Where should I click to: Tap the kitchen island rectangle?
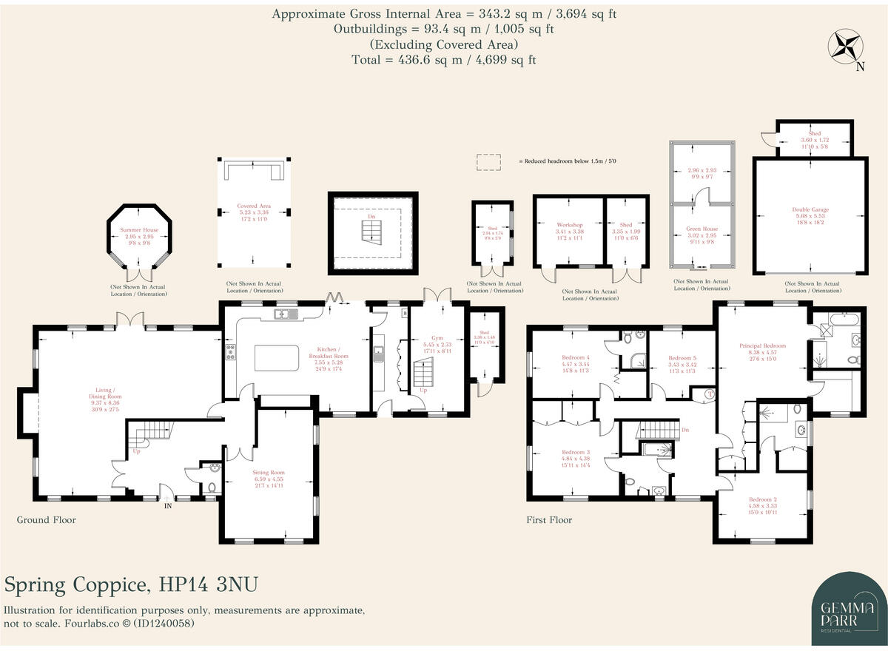point(277,358)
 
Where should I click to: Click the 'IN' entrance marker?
point(167,506)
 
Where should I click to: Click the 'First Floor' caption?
point(548,520)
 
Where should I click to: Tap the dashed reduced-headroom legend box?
point(488,161)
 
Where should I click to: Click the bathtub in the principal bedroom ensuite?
point(844,320)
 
